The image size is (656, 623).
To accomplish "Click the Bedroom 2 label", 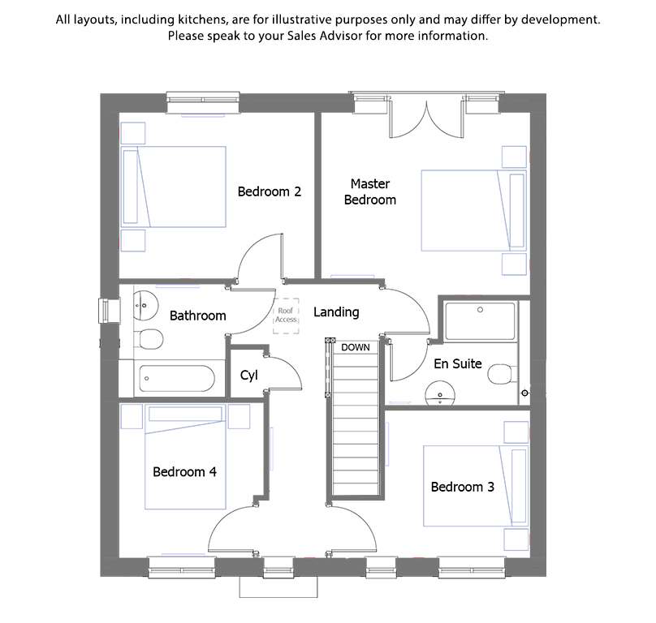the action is coord(270,191).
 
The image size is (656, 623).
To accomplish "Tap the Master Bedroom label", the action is coord(370,192).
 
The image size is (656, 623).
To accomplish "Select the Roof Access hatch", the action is coord(286,316).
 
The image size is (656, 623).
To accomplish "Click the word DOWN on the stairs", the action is coord(355,347).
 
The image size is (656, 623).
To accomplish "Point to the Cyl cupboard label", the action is coord(249,375).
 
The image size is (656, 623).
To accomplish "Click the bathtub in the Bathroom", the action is coord(177,379).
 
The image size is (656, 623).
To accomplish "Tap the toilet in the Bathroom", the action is coord(150,339).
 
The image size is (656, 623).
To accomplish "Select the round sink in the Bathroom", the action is coord(145,306).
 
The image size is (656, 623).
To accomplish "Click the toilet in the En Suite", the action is coord(501,374).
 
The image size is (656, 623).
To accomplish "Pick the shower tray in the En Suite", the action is coord(481,321).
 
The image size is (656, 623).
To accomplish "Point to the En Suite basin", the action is coord(440,393).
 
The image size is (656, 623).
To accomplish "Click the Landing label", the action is coord(336,312).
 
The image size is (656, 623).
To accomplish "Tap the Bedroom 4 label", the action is coord(184,471).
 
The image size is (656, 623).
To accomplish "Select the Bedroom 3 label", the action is coord(462,487).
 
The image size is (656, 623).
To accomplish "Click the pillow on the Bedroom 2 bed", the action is coord(131,187).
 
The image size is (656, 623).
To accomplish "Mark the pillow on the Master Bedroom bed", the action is coord(516,211).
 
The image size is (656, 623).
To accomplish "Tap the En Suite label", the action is coord(458,363).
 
